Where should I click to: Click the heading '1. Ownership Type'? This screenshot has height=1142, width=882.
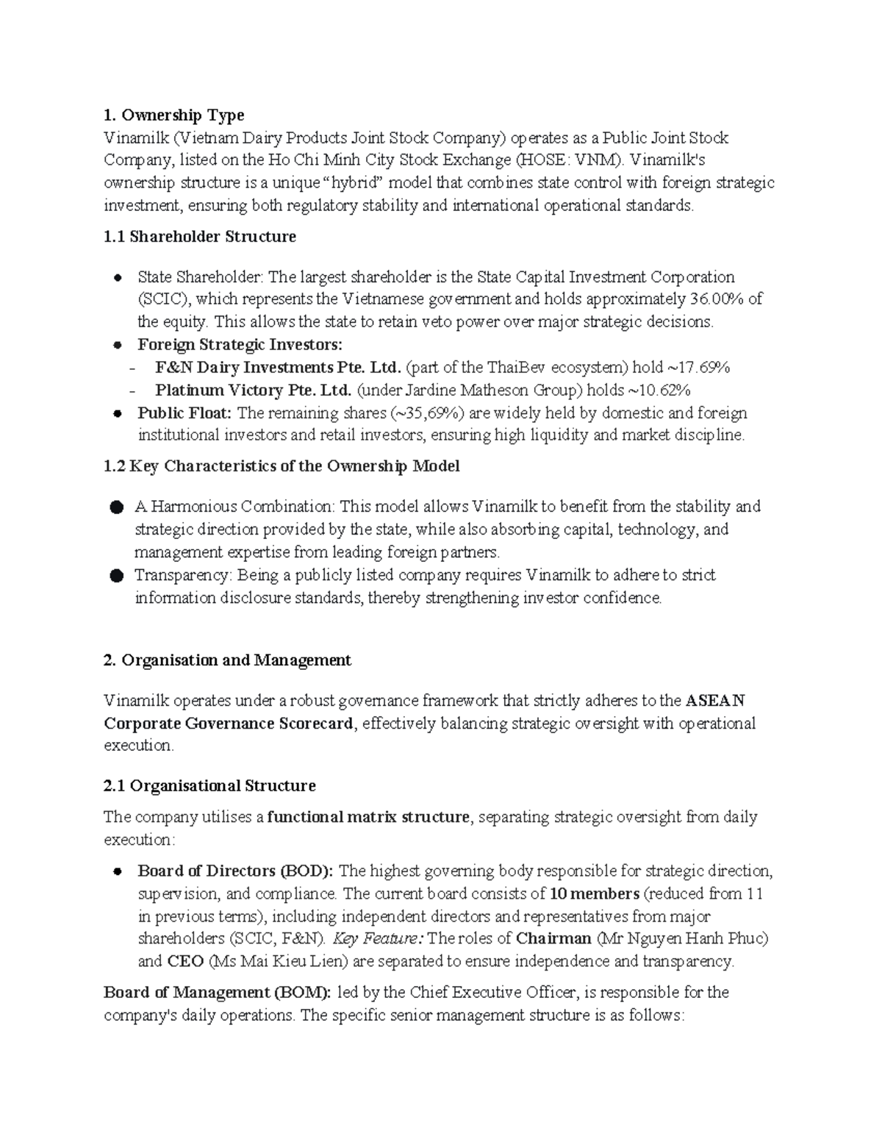pyautogui.click(x=174, y=115)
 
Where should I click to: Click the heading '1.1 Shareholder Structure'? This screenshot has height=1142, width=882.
pyautogui.click(x=200, y=237)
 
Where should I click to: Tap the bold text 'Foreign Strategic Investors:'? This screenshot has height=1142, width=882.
pyautogui.click(x=240, y=345)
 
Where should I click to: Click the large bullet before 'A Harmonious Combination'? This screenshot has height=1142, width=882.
pyautogui.click(x=116, y=507)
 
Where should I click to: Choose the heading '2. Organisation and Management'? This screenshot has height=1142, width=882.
pyautogui.click(x=228, y=660)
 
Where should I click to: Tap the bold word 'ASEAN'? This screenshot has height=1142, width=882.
pyautogui.click(x=715, y=701)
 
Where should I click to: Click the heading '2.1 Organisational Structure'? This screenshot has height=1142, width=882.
pyautogui.click(x=210, y=786)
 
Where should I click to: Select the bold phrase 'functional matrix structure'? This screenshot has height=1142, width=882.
pyautogui.click(x=368, y=817)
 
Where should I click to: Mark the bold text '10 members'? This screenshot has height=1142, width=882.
pyautogui.click(x=595, y=894)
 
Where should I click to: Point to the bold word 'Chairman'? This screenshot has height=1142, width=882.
pyautogui.click(x=553, y=939)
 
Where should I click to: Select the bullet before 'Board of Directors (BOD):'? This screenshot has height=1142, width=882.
pyautogui.click(x=117, y=872)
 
